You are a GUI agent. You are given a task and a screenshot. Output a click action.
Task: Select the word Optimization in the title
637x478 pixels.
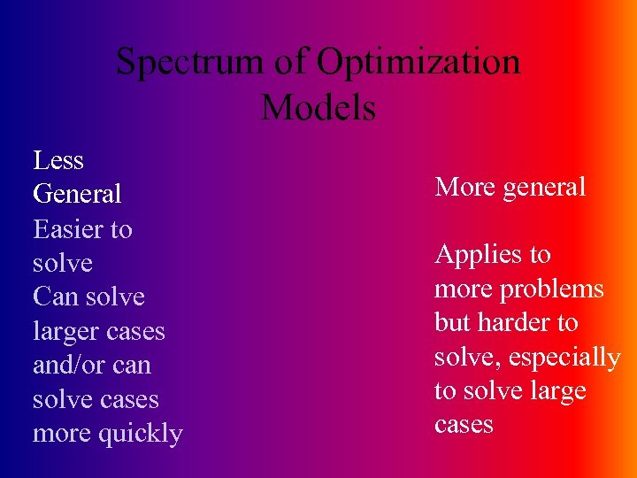point(418,63)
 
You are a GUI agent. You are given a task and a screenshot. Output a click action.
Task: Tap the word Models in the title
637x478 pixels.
point(318,108)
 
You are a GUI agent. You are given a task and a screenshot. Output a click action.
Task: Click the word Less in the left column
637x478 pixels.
point(58,160)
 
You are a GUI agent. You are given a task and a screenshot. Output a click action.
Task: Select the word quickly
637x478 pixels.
point(141,434)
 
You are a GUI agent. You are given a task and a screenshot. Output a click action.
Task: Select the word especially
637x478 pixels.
point(567,358)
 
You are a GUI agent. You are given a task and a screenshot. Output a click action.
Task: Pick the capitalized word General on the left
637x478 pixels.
point(77,194)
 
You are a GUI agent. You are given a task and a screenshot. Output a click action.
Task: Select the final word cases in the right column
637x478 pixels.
point(464,425)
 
